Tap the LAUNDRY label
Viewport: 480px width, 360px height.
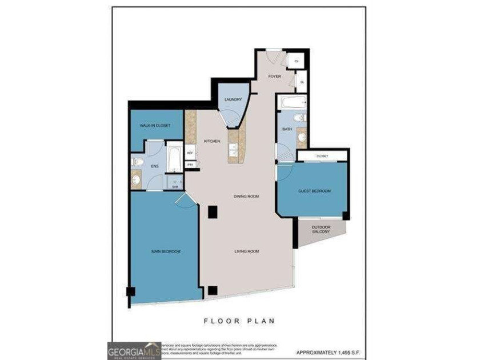tap(233, 100)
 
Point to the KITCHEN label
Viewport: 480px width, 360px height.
tap(212, 141)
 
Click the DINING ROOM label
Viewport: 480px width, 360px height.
tap(246, 196)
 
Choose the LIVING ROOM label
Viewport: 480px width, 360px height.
tap(246, 251)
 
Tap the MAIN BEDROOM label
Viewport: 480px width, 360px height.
tap(166, 251)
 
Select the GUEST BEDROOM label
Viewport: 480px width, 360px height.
tap(314, 191)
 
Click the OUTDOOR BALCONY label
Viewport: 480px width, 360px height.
tap(321, 230)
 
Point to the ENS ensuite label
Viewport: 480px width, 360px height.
tap(154, 166)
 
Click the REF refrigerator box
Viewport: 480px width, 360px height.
tap(190, 153)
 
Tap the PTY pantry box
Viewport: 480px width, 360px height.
tap(190, 165)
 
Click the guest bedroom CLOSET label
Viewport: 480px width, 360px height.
tap(322, 155)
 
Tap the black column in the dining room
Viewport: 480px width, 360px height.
tap(213, 212)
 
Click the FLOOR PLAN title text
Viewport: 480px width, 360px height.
tap(239, 321)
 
